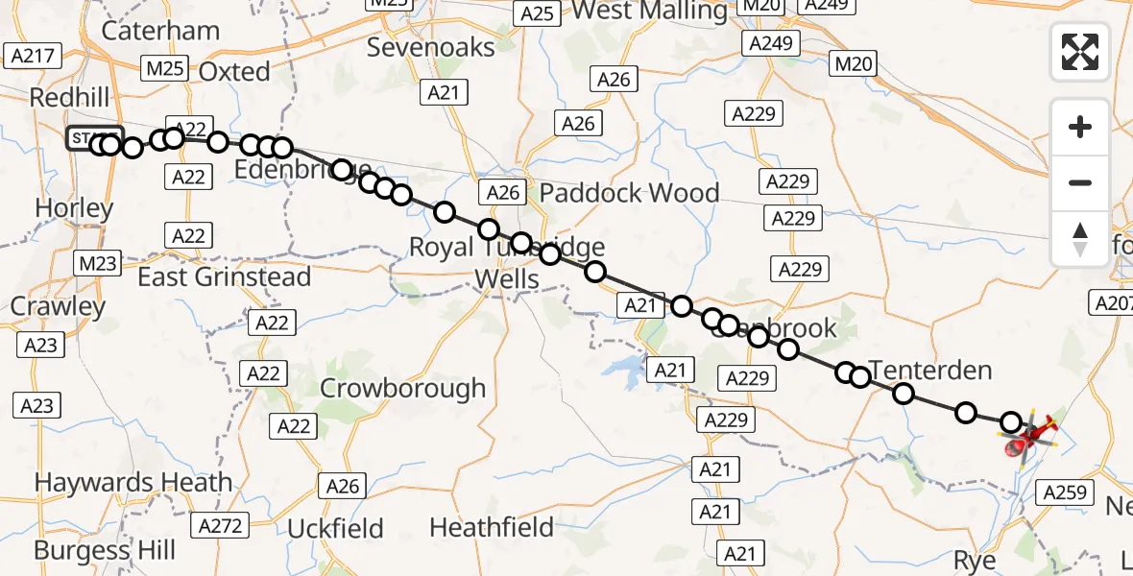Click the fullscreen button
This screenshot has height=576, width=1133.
coord(1080,52)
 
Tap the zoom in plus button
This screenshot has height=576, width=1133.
coord(1080,127)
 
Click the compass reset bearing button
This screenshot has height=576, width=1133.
coord(1080,238)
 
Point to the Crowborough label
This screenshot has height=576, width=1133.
coord(402,389)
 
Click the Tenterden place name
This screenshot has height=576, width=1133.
coord(929,370)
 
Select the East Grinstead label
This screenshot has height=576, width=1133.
coord(225,277)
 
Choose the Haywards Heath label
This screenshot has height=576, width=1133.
coord(133,482)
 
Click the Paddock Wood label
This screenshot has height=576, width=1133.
coord(629,193)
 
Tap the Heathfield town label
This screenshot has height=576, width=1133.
coord(492,527)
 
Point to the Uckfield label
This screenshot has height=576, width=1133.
coord(335,529)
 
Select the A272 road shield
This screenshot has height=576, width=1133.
coord(220,524)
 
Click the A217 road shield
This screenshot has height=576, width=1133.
coord(30,55)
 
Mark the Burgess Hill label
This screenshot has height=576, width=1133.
coord(105,550)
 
